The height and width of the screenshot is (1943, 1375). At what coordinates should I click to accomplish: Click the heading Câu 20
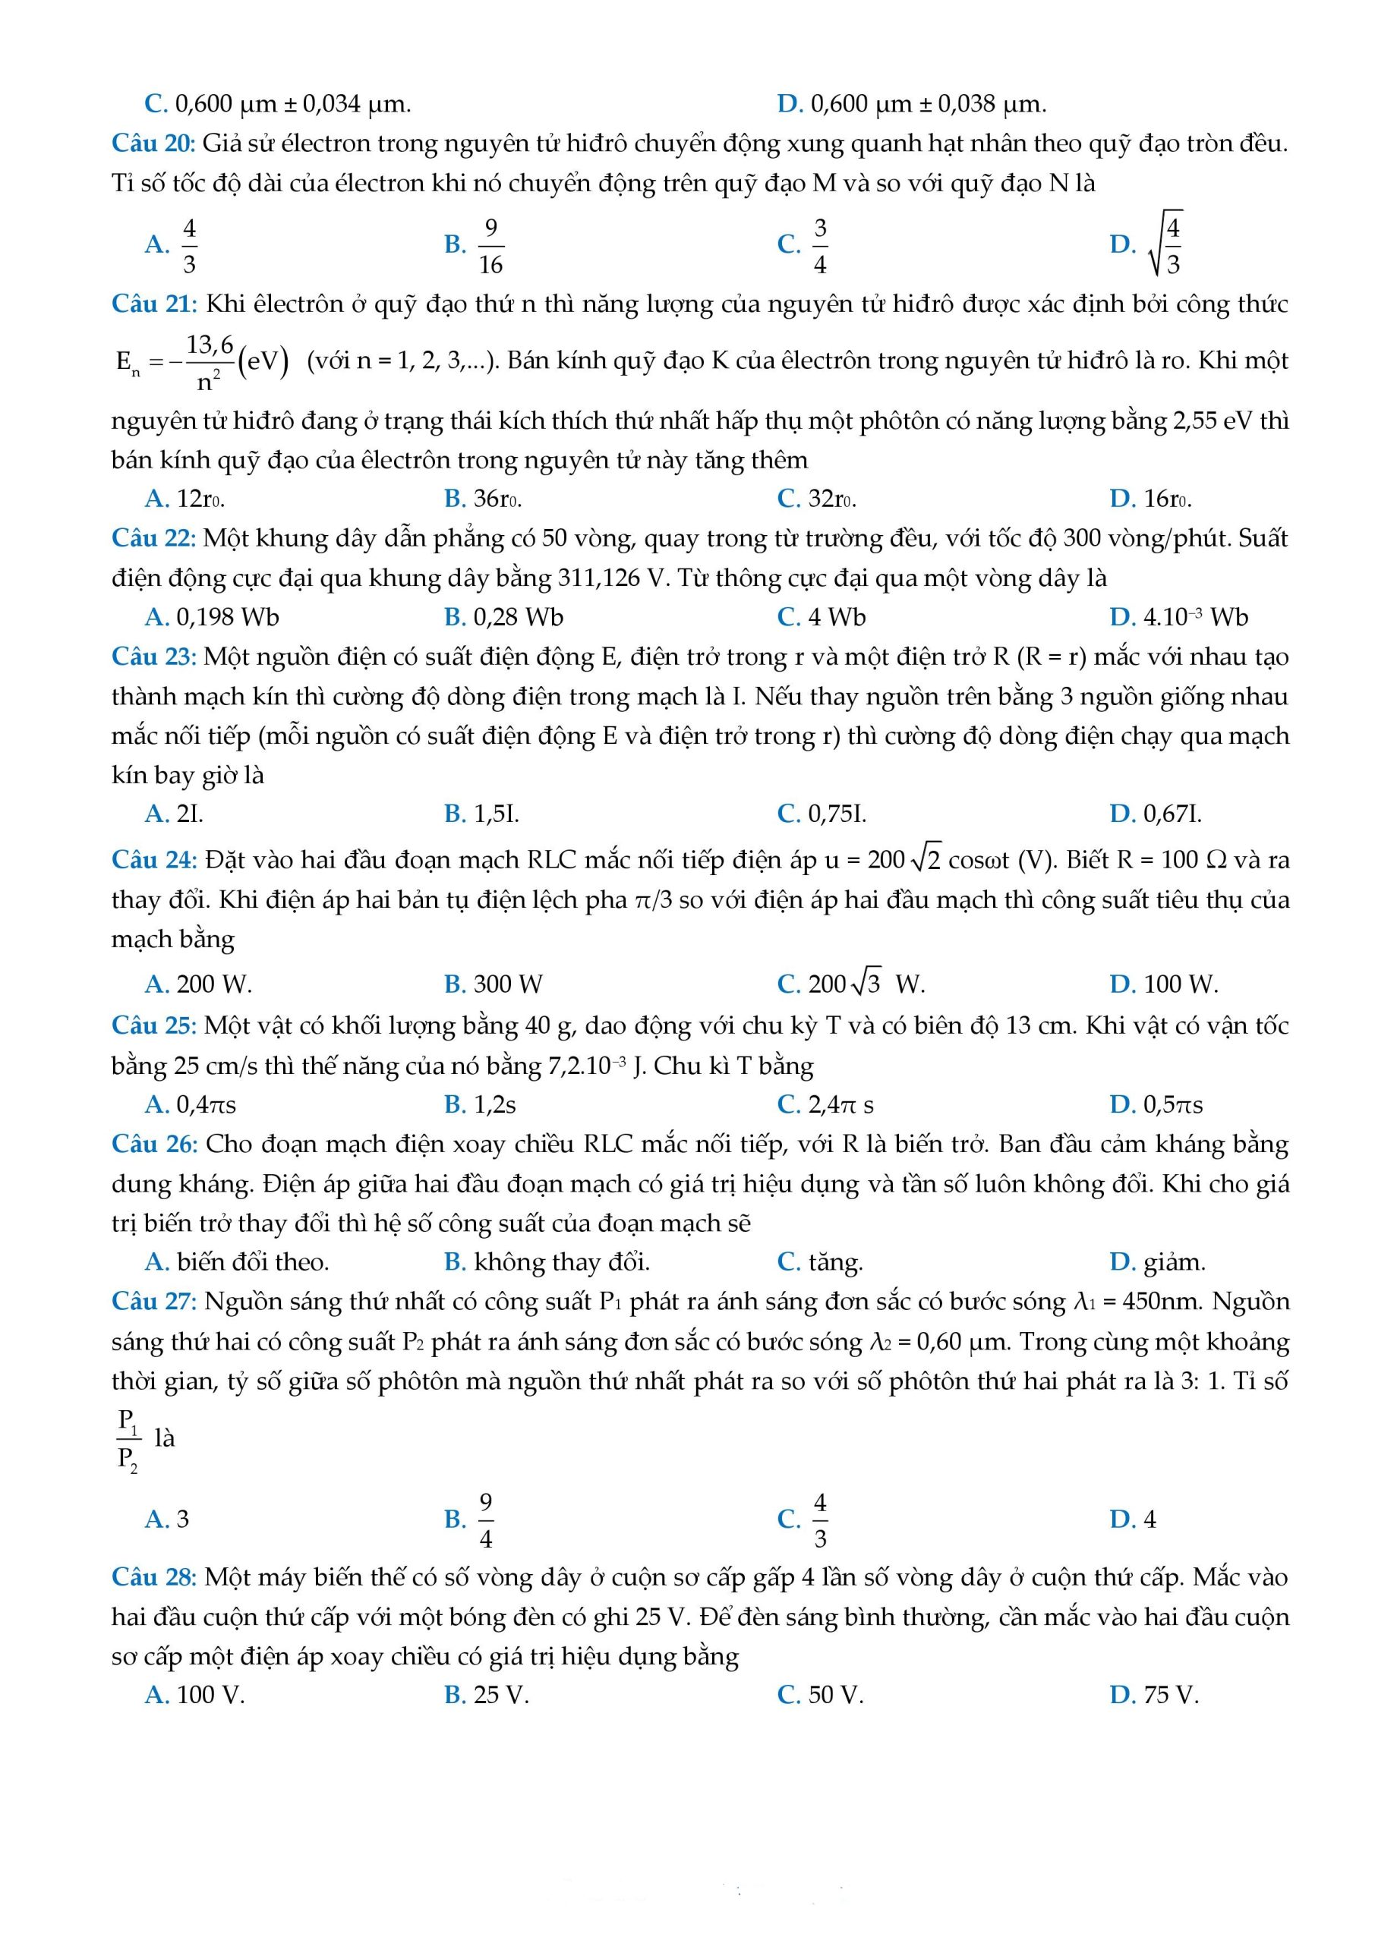[153, 143]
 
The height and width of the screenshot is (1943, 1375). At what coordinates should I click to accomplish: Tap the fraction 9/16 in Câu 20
[490, 245]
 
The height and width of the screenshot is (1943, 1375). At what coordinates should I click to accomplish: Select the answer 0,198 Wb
[227, 617]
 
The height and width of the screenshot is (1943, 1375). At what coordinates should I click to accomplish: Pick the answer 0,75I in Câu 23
[837, 814]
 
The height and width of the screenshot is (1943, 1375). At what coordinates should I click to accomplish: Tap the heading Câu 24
[154, 860]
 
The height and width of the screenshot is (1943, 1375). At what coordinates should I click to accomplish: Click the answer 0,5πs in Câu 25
[1172, 1104]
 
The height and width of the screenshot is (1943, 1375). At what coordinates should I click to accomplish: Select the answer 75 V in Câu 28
[1170, 1695]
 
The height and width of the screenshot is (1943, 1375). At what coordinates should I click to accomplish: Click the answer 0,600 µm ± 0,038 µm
[928, 104]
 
